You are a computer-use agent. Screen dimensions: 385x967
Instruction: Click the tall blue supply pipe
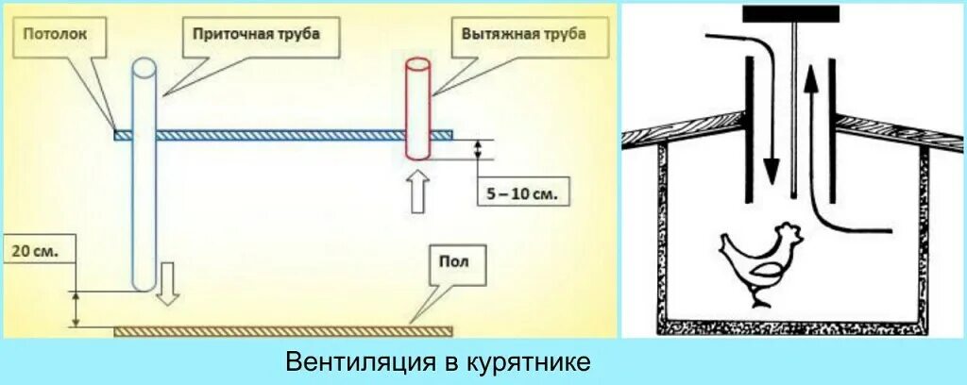tap(143, 189)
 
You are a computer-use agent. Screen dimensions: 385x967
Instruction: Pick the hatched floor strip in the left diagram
tap(283, 331)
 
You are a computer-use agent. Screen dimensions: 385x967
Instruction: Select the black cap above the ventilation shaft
tap(790, 13)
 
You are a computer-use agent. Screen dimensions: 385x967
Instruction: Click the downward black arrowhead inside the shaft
tap(772, 173)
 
